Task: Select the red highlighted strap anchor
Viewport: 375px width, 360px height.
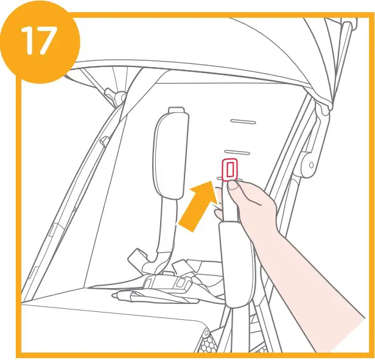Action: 230,170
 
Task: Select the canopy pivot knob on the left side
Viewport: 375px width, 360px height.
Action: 111,96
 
